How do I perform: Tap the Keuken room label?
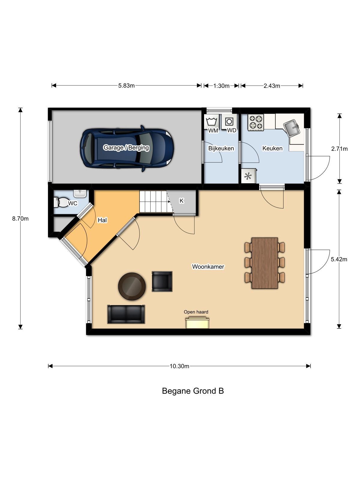[272, 148]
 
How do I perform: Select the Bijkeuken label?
[221, 148]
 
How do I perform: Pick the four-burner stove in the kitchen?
[256, 123]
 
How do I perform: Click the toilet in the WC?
[61, 202]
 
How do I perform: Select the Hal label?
[102, 220]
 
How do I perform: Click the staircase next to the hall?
[156, 201]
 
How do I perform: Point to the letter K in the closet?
[181, 200]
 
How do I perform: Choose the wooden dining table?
[265, 263]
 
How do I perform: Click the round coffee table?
[132, 286]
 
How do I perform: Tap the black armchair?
[162, 281]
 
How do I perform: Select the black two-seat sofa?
[126, 314]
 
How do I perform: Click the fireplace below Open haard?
[197, 323]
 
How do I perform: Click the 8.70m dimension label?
[20, 218]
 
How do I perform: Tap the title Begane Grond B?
[193, 391]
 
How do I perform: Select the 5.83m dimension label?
[126, 85]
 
